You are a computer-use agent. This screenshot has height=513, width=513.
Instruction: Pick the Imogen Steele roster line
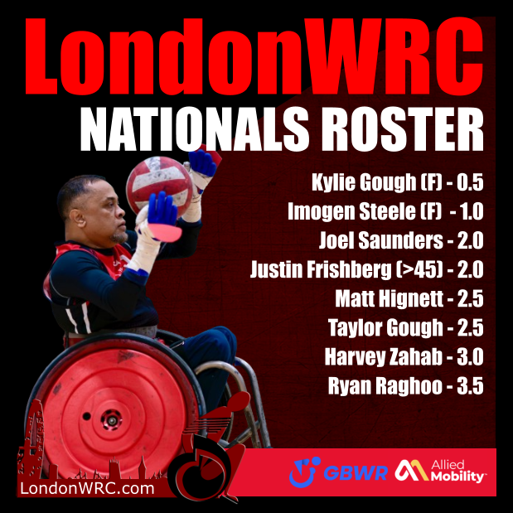(x=385, y=211)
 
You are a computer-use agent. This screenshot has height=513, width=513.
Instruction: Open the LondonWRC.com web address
(x=86, y=490)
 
